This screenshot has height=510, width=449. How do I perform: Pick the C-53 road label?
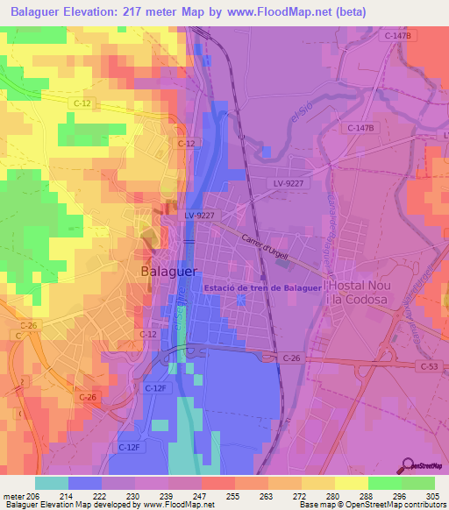click(x=429, y=366)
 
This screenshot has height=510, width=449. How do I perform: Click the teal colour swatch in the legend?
click(x=52, y=483)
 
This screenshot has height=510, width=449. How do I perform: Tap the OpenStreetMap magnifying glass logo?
click(x=408, y=466)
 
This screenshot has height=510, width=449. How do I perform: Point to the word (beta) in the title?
click(x=348, y=11)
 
